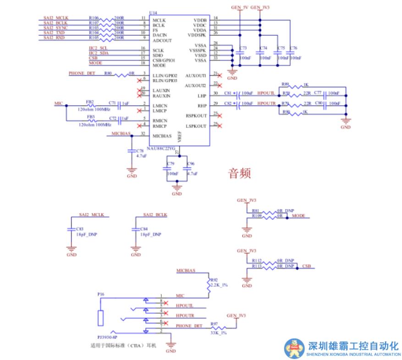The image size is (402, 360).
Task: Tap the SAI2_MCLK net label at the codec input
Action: click(x=55, y=17)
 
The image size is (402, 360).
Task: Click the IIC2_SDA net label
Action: click(x=99, y=53)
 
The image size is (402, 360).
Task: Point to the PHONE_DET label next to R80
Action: click(x=82, y=73)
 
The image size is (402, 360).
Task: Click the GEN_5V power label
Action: click(x=239, y=8)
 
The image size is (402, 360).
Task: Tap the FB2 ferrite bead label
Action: click(x=90, y=102)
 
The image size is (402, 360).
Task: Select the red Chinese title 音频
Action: click(x=240, y=173)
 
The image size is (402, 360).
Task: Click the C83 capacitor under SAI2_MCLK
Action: click(x=79, y=228)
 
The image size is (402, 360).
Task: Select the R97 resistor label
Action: click(x=214, y=324)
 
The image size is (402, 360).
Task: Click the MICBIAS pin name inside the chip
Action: click(x=162, y=136)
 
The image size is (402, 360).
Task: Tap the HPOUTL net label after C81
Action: click(x=266, y=93)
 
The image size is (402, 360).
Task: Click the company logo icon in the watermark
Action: click(x=294, y=349)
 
